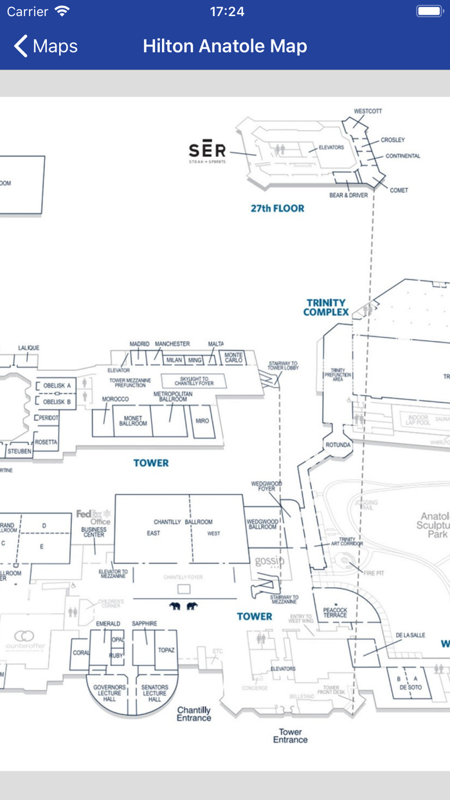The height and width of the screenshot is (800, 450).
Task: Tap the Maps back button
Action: (x=45, y=46)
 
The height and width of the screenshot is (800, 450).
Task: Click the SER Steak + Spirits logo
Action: (x=208, y=152)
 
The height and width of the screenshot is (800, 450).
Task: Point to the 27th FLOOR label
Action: (x=277, y=208)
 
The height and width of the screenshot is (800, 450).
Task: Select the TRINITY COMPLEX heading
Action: (x=326, y=307)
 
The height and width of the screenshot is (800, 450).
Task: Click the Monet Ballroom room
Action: (x=133, y=421)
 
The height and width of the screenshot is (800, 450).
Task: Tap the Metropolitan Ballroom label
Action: (x=174, y=396)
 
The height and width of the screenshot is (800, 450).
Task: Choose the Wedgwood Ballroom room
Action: (x=262, y=523)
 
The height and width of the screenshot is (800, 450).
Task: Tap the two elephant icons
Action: (x=183, y=606)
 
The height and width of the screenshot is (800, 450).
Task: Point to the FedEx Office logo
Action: (x=94, y=517)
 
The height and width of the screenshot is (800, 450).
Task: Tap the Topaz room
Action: (x=166, y=650)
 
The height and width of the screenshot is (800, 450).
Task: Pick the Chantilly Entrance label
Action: (x=194, y=714)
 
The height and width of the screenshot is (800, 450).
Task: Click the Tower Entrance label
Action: (x=290, y=736)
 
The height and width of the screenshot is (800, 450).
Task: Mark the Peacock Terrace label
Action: (x=335, y=612)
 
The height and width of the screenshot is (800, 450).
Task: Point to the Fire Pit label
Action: (x=373, y=573)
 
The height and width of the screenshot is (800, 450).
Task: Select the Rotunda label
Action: (x=338, y=445)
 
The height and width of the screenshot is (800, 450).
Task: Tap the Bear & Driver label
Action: (x=348, y=195)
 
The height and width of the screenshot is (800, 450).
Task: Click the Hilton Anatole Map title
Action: (x=225, y=46)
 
